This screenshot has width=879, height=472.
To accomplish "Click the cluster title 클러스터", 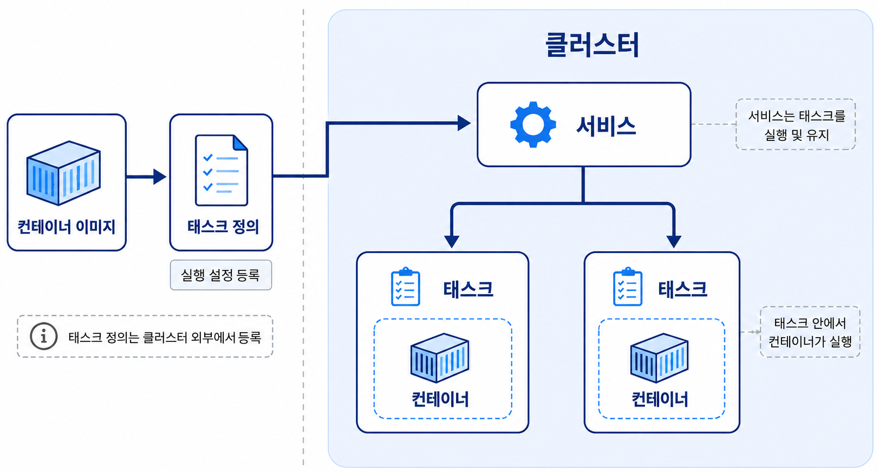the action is point(592,45).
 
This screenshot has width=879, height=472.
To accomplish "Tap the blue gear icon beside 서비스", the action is point(533,125).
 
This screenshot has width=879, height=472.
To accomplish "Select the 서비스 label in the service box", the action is point(606,126).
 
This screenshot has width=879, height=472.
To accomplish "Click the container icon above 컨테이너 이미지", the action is point(63,173).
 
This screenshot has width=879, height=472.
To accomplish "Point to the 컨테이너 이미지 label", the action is point(66,227).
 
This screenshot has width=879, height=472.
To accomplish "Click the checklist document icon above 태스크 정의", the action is point(222,170).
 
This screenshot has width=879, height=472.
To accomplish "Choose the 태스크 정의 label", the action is point(223,227).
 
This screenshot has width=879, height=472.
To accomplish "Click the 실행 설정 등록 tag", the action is point(221,275).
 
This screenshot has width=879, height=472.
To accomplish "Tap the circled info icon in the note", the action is point(44,337).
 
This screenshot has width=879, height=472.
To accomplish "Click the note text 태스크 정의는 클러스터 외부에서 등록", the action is point(165,337).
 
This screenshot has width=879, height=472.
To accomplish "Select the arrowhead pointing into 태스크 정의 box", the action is point(159,177).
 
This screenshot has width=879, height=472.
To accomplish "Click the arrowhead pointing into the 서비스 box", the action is point(464,123).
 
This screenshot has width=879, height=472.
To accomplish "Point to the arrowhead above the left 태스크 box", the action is point(452,242).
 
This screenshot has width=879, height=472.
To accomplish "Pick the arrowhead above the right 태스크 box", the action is point(674,242).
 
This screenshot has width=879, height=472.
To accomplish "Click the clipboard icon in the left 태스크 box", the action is point(405,287).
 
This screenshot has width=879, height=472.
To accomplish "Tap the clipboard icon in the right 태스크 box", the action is point(628,287).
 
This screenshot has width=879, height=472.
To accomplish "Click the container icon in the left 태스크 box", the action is point(440,358).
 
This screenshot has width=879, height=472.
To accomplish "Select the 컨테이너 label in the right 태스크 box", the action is point(660,399).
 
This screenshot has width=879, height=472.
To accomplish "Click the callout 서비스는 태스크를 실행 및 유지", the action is point(796,125).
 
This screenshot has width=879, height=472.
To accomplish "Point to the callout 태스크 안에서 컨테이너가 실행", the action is point(810,332).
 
